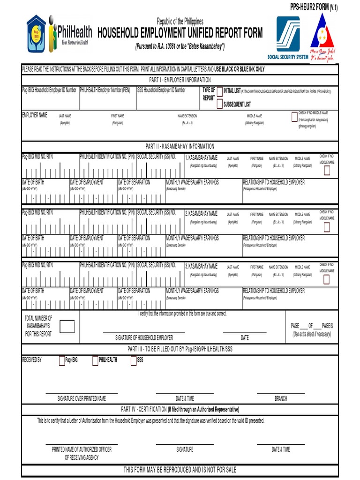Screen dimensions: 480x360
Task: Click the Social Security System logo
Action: point(288,37)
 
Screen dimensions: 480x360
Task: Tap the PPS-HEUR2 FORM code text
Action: point(314,7)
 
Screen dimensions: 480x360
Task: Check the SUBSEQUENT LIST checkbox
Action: point(219,104)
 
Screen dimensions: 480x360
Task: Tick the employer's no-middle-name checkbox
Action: point(294,116)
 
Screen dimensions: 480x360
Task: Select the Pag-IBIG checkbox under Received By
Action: point(62,360)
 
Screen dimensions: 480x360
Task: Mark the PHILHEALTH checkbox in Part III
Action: point(95,360)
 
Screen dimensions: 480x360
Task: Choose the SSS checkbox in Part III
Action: point(134,360)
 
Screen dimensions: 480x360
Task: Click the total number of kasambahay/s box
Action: point(67,326)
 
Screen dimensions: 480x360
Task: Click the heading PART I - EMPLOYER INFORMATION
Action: point(180,80)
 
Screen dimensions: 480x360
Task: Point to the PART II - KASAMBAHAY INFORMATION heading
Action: point(180,146)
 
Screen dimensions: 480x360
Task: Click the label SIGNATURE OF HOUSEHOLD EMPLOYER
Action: point(144,337)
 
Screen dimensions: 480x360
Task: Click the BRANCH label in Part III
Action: point(281,399)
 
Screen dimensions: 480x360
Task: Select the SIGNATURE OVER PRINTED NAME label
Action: point(82,399)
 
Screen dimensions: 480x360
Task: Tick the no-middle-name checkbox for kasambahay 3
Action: point(327,280)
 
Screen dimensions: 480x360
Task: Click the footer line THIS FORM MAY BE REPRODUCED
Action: point(180,470)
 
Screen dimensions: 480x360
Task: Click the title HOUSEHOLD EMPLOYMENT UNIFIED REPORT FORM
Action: point(180,33)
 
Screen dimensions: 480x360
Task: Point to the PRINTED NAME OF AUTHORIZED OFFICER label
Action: point(82,450)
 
